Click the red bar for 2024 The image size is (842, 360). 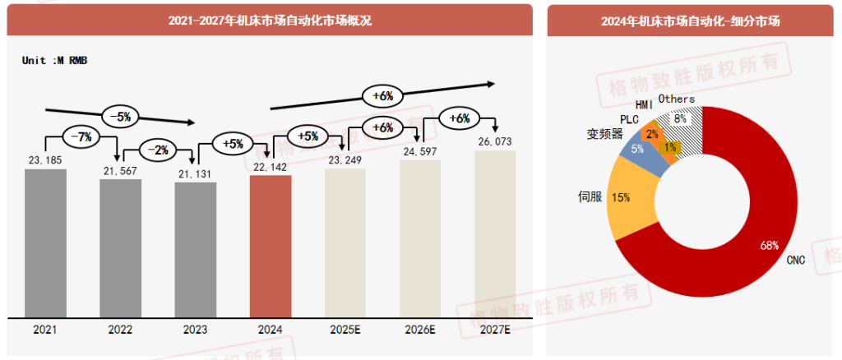271,246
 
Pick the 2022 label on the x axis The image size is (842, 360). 120,330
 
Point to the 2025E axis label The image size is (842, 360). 345,330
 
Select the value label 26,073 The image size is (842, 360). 495,142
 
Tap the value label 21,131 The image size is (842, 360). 195,173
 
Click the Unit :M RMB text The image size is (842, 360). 54,60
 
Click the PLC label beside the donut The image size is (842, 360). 629,119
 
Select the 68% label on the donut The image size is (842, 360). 770,244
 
